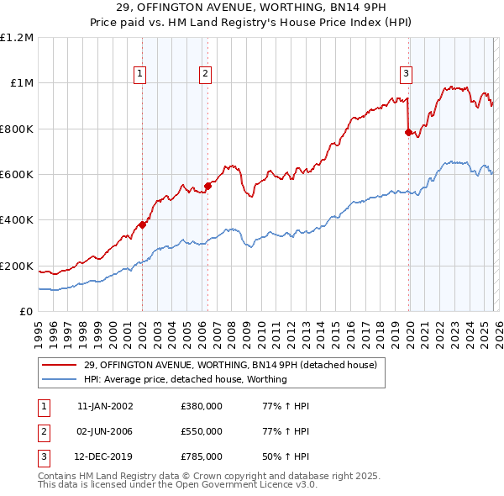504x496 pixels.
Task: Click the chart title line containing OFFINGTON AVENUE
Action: click(252, 8)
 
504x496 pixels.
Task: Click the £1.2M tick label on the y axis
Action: click(18, 38)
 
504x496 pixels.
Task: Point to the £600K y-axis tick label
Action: click(17, 175)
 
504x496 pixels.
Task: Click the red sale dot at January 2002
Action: click(143, 224)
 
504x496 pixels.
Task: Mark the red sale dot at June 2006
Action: click(207, 186)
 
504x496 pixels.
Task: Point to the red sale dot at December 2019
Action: click(408, 132)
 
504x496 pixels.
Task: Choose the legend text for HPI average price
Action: click(186, 379)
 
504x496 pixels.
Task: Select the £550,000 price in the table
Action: click(202, 431)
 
